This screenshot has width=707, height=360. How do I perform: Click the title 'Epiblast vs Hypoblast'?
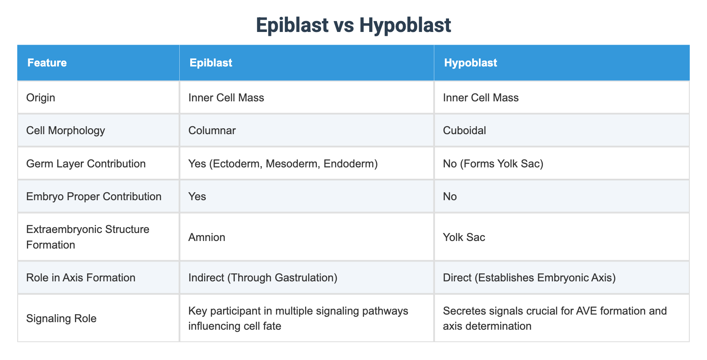353,25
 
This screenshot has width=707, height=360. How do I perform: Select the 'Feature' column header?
47,63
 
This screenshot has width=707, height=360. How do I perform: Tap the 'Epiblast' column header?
211,63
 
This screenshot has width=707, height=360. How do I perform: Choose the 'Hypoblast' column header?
470,63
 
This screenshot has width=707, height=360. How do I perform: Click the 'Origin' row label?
41,98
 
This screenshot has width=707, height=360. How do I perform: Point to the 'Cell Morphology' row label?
66,130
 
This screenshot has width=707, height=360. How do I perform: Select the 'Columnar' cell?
212,130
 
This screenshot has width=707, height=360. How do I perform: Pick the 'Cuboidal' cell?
465,130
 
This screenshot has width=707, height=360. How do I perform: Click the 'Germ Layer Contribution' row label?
86,164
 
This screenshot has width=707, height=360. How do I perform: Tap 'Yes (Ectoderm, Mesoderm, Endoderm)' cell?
283,164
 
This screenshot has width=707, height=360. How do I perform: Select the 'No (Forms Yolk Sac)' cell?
493,164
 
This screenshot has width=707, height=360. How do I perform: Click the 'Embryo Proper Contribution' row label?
94,196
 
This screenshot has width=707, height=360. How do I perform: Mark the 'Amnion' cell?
207,237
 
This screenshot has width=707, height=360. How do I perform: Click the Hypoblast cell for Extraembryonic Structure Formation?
464,237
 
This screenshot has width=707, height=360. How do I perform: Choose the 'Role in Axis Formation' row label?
81,278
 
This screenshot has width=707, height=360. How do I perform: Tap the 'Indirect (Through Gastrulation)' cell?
263,278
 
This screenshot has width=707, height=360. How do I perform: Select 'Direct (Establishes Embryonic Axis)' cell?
529,278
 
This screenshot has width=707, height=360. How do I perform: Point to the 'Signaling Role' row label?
61,318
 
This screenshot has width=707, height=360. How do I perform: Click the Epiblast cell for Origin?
226,98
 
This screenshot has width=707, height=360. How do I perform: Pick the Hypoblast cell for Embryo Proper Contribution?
450,196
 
